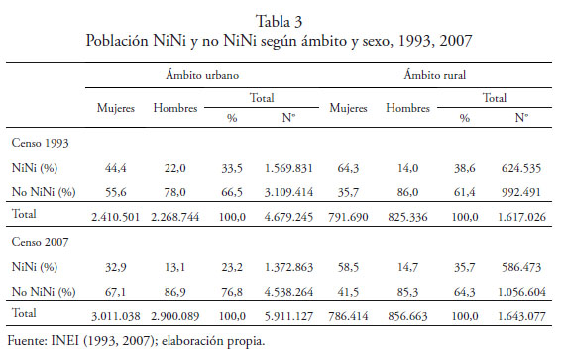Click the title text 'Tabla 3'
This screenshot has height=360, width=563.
pos(279,21)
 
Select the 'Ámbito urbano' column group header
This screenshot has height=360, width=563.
pos(202,75)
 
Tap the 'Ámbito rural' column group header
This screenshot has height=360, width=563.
pos(434,75)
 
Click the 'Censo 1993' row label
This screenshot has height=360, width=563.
pos(40,143)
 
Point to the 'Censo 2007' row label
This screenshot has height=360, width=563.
pos(40,242)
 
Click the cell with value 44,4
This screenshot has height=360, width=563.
pos(116,168)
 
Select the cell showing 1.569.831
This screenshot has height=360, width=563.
pos(288,168)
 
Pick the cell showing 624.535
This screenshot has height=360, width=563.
pos(521,168)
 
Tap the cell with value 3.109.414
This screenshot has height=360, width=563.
pos(288,192)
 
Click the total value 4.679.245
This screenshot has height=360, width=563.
pos(288,217)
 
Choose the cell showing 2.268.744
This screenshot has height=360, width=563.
pos(174,217)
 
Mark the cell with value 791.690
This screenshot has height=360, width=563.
pos(348,217)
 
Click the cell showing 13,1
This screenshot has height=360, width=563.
pos(174,267)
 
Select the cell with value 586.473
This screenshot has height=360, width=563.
pos(521,267)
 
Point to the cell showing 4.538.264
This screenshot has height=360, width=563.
pos(288,292)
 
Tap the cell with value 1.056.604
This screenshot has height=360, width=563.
pos(521,292)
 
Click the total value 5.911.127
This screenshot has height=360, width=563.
pos(288,316)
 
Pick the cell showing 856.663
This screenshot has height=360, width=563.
pos(407,316)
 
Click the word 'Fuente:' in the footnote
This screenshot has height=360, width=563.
pos(28,340)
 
